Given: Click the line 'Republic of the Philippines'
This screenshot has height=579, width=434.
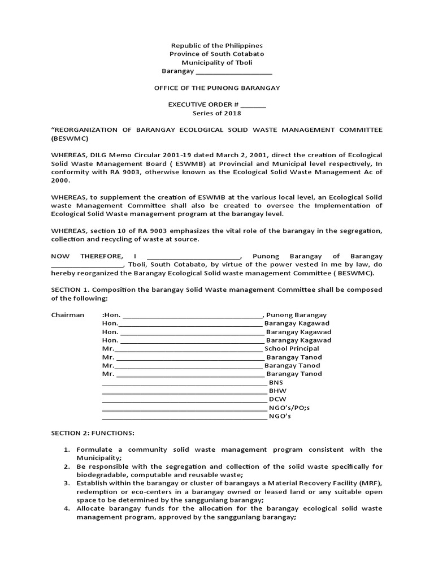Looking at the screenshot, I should pos(217,45).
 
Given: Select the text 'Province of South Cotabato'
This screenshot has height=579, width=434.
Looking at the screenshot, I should pos(217,54).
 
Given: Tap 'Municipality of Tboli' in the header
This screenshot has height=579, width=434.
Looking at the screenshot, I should pos(217,63).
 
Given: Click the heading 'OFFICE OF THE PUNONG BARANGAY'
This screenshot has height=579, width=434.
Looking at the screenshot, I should pos(217,88).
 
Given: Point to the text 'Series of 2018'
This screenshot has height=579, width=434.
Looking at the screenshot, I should pos(217,113).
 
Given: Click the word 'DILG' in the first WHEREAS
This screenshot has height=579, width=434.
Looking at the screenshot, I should pos(95,155).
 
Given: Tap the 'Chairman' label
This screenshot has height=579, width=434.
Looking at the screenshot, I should pos(68,315).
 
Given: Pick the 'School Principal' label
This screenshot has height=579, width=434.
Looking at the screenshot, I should pos(288,349).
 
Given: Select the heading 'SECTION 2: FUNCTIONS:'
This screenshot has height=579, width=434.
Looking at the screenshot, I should pos(93,433).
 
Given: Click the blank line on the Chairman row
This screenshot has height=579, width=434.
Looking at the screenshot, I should pos(192,316).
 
